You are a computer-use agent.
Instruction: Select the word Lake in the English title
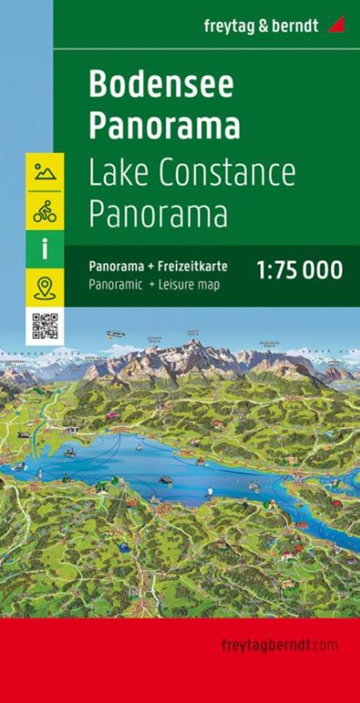(118, 174)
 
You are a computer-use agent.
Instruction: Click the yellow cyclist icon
(44, 210)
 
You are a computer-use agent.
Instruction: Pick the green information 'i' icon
(44, 248)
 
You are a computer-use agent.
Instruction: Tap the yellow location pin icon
(44, 286)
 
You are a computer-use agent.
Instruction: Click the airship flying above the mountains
(115, 333)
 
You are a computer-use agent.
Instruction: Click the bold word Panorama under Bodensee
(164, 126)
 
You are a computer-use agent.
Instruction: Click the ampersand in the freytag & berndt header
(272, 25)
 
